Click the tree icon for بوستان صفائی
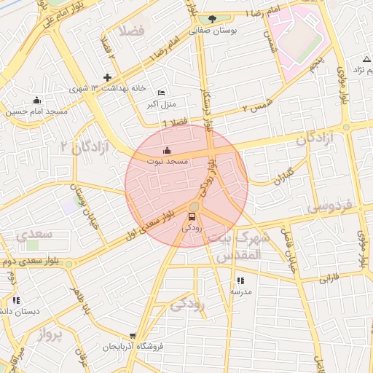coord(212,19)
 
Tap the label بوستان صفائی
coord(211,31)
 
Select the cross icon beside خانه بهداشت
coord(108,77)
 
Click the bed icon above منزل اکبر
coord(161,93)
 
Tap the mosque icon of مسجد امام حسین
coord(37,100)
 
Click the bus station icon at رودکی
coord(193,216)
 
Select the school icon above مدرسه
coord(240,280)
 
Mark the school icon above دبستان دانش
coord(16,300)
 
